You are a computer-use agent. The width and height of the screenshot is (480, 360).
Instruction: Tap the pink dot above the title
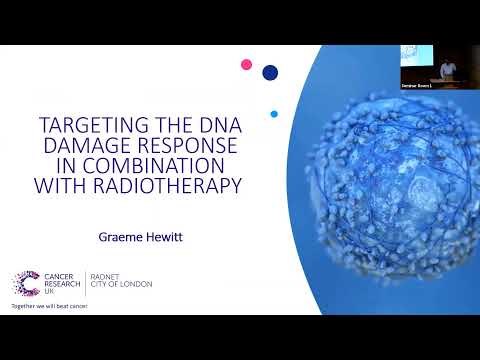[x=247, y=65]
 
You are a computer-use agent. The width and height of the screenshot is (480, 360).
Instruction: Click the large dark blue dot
[x=270, y=72]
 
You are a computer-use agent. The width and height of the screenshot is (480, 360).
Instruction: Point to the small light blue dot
[x=274, y=113]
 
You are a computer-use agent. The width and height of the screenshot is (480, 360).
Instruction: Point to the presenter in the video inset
[x=448, y=68]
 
